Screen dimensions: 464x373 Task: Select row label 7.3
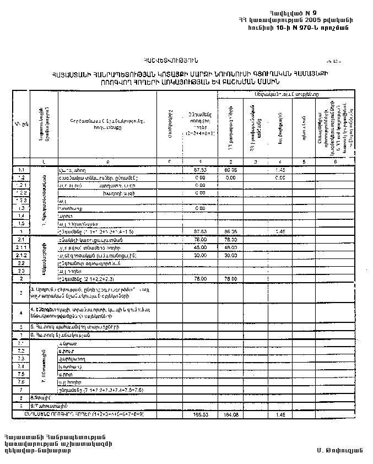(x=21, y=358)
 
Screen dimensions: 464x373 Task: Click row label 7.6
(x=21, y=381)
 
